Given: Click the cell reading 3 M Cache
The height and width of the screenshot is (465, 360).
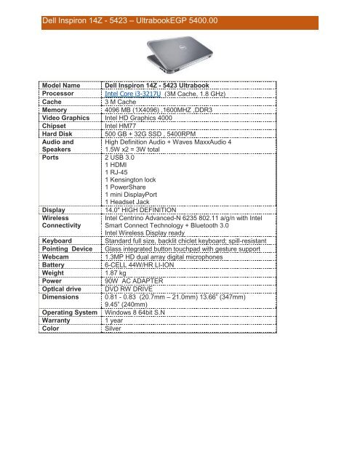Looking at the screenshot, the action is point(124,123).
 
